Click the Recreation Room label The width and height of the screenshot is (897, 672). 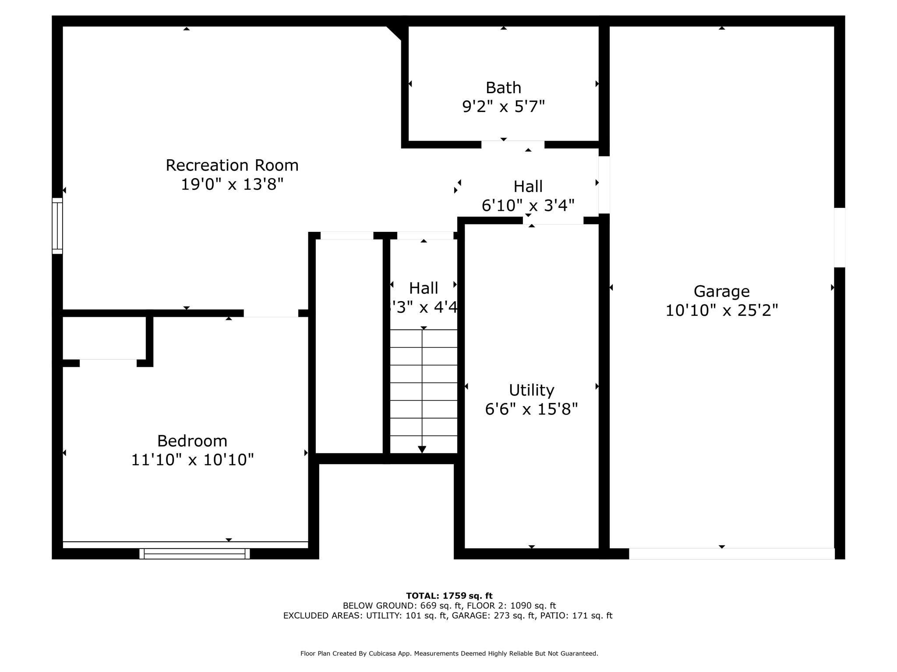click(232, 165)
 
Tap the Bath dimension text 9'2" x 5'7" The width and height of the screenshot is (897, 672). click(503, 106)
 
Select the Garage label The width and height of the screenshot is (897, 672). click(721, 291)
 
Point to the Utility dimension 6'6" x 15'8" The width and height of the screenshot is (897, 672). click(531, 409)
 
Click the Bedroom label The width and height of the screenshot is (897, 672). click(192, 441)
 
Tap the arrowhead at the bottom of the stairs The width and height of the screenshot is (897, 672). click(422, 449)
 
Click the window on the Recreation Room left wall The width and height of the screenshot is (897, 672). click(57, 226)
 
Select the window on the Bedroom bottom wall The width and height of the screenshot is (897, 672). click(194, 553)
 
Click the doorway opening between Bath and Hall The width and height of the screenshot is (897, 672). click(512, 145)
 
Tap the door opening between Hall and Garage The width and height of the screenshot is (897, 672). click(604, 185)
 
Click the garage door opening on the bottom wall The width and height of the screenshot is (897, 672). click(731, 553)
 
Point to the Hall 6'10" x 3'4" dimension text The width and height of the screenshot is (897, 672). click(528, 205)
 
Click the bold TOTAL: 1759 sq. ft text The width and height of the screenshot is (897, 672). click(449, 595)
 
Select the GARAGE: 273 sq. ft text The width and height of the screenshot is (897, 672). click(493, 616)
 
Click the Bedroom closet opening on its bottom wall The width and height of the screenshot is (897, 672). click(108, 363)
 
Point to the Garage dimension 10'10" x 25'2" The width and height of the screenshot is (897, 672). click(721, 311)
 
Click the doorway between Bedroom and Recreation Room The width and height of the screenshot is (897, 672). click(271, 313)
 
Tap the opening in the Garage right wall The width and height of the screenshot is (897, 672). click(839, 237)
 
